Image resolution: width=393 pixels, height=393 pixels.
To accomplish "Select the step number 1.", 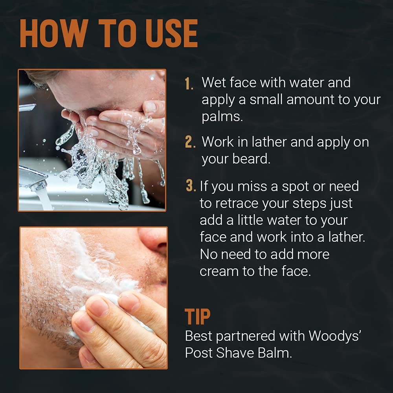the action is (189, 83).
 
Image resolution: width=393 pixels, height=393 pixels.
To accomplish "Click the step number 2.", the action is (190, 142).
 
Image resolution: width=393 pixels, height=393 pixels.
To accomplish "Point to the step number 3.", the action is (191, 186).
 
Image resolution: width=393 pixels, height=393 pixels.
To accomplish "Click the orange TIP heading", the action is (198, 316).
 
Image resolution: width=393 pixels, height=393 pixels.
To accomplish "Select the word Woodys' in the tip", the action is (334, 336).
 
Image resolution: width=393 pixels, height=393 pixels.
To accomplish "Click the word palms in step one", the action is (222, 117).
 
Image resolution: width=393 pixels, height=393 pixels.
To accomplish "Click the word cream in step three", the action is (219, 272).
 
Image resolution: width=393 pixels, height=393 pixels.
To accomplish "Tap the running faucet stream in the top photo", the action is (45, 199).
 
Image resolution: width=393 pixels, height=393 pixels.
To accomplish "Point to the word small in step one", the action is (266, 99).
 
